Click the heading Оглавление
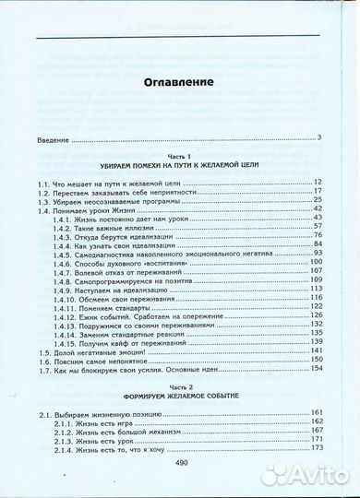(179, 83)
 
